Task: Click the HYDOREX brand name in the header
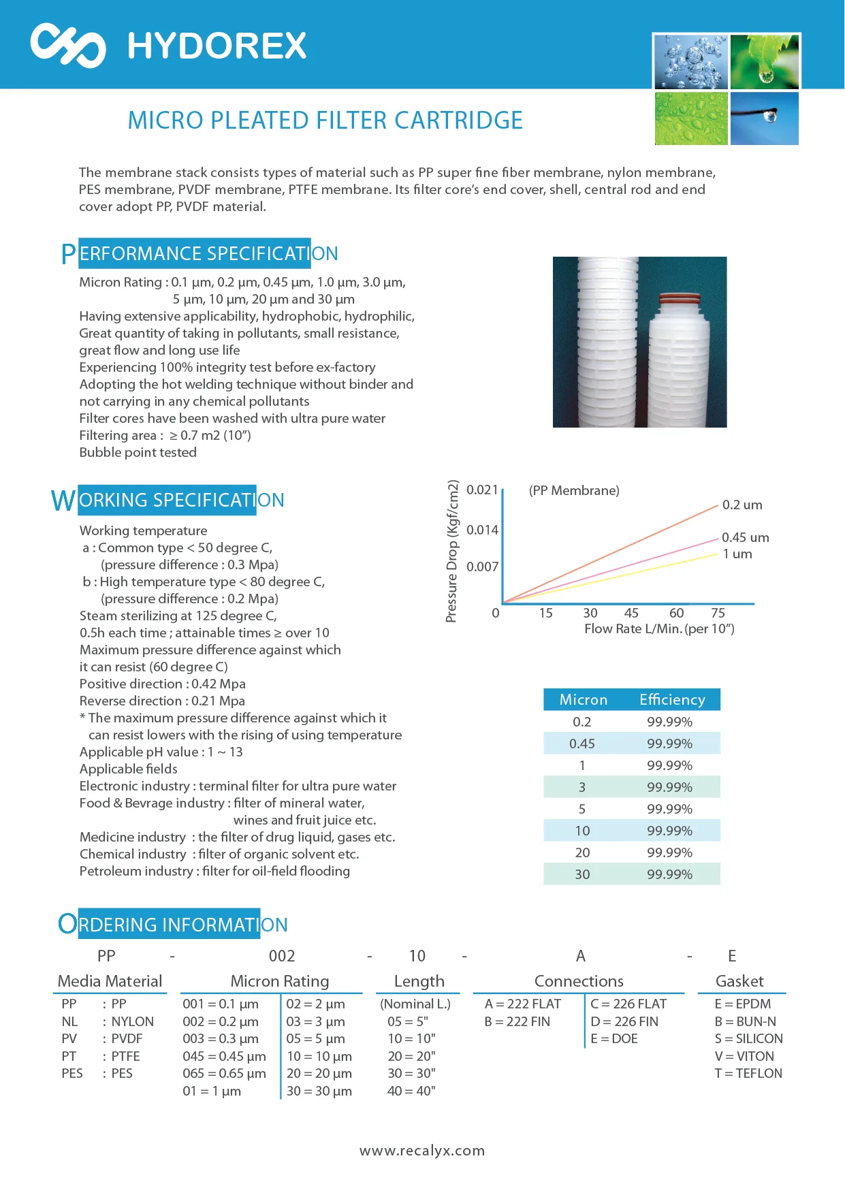[x=217, y=46]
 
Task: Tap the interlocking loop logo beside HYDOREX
[x=68, y=45]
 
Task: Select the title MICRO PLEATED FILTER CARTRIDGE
[x=325, y=121]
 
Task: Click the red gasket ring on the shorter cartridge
[x=681, y=299]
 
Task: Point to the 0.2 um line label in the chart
[x=742, y=505]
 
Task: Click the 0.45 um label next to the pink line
[x=745, y=538]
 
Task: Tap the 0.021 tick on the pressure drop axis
[x=482, y=490]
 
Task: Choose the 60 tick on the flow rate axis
[x=676, y=613]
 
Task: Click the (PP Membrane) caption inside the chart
[x=574, y=491]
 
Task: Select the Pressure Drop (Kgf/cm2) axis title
[x=451, y=551]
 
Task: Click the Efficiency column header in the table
[x=672, y=700]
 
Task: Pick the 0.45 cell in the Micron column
[x=582, y=744]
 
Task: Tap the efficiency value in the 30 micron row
[x=669, y=874]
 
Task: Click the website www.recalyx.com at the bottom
[x=422, y=1151]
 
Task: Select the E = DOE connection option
[x=614, y=1039]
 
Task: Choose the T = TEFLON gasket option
[x=748, y=1074]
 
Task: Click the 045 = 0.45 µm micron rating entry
[x=224, y=1057]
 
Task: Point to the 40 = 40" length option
[x=411, y=1092]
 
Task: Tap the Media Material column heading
[x=110, y=981]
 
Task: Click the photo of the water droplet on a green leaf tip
[x=765, y=61]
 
